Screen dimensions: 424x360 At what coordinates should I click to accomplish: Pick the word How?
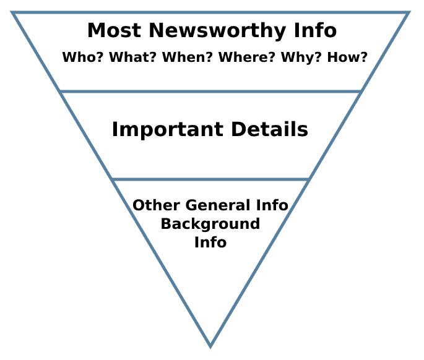coord(346,58)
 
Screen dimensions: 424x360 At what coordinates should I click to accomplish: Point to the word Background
coord(210,224)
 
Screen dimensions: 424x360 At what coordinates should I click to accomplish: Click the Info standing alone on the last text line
coord(210,242)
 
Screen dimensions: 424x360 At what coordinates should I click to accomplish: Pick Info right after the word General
coord(273,205)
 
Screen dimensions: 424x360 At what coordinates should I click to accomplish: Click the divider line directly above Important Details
coord(210,92)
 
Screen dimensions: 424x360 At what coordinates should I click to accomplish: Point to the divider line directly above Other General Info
coord(210,179)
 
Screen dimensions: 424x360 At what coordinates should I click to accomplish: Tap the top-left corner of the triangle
coord(12,12)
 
